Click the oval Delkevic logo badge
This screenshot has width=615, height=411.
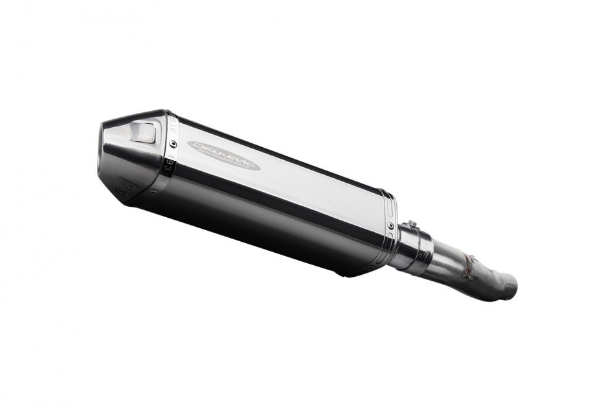click(x=223, y=156)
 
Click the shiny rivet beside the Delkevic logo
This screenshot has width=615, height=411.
click(x=173, y=144)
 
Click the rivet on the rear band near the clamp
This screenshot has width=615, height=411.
click(x=391, y=225)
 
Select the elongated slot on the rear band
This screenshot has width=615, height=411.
click(x=388, y=207)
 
